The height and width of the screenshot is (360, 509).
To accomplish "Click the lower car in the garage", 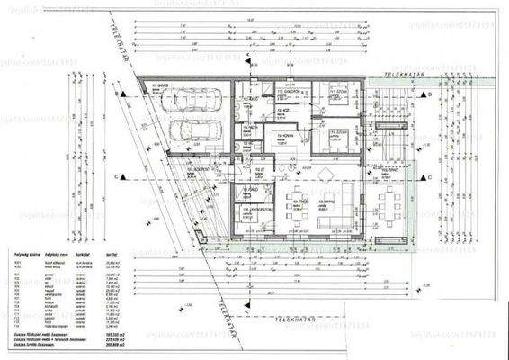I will pos(192,131).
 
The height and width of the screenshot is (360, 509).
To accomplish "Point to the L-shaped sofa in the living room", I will pos(334,208).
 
